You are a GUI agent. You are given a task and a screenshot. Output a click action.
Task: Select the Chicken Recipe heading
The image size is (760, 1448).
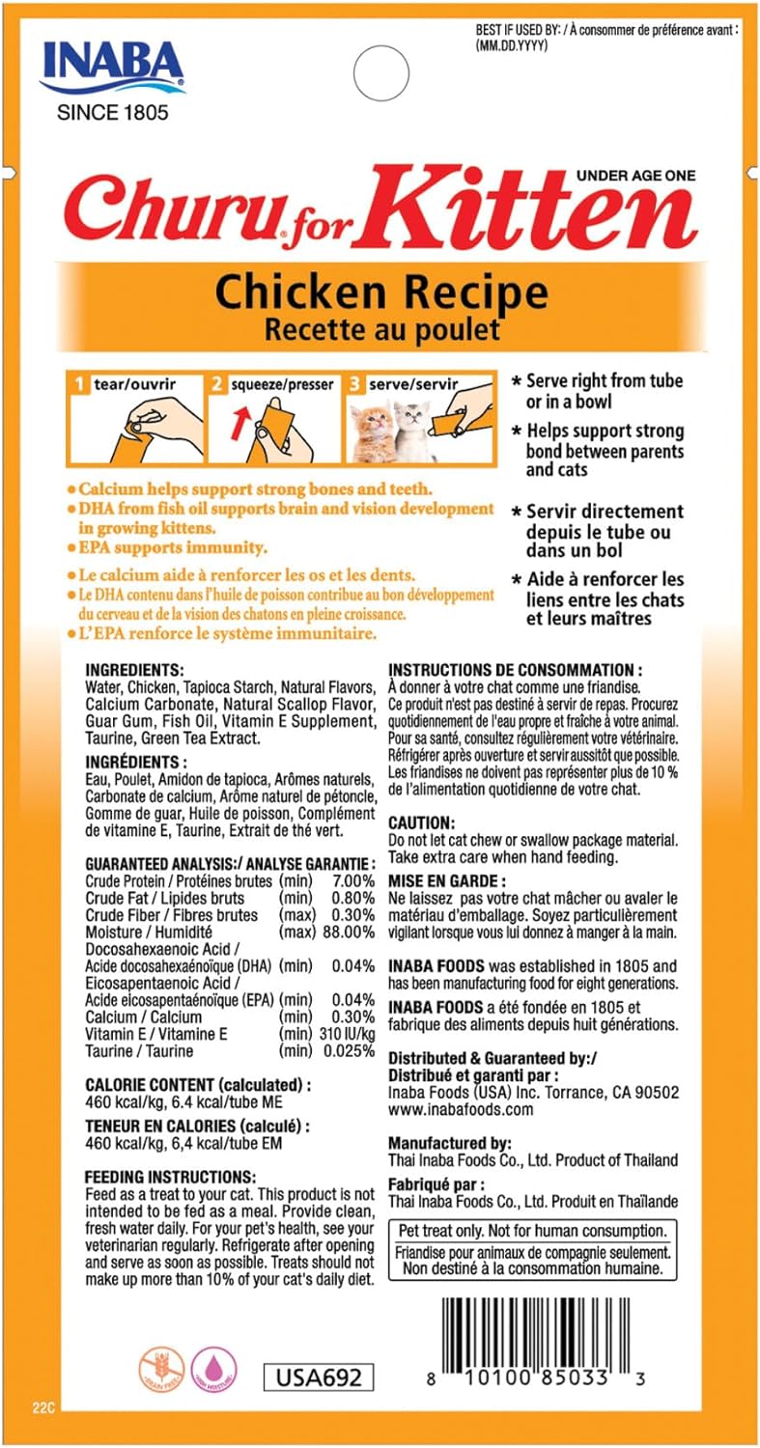[x=381, y=291]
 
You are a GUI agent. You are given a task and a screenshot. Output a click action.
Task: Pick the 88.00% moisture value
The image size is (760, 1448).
[x=348, y=932]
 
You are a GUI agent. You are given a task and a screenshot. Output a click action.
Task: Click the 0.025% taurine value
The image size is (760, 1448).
[x=347, y=1050]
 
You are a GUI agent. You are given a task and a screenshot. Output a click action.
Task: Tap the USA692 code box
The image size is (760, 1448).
[x=318, y=1377]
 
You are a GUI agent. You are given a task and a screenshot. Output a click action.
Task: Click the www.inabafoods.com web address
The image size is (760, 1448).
[x=461, y=1109]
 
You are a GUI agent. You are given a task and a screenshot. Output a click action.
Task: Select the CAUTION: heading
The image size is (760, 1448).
[x=421, y=823]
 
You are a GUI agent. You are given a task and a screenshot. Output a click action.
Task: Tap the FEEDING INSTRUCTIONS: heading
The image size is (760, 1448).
[x=170, y=1177]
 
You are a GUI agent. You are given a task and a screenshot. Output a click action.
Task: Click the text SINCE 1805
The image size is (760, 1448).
[x=112, y=112]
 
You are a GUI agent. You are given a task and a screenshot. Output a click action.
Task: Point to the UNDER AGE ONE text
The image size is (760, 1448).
[x=635, y=175]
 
